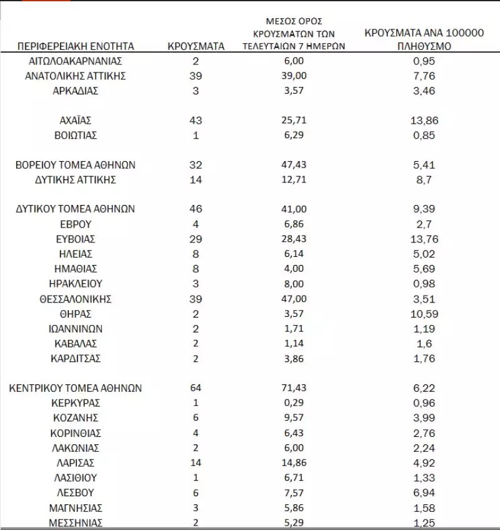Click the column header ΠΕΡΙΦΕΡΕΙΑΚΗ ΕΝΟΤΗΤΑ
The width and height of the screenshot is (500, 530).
(76, 46)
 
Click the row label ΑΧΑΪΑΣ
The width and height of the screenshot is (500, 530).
(76, 120)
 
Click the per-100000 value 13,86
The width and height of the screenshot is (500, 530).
(424, 120)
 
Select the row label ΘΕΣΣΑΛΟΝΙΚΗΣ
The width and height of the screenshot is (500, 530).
(76, 299)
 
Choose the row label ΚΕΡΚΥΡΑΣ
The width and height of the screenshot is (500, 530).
(76, 403)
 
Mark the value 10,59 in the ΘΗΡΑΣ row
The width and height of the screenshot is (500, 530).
(424, 314)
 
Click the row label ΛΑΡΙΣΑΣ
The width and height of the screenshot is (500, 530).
(76, 463)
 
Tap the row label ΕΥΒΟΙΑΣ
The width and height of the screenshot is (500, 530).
(76, 239)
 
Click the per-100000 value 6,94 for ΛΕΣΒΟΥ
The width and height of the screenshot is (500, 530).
(424, 493)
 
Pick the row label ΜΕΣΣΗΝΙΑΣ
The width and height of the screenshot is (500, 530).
(76, 523)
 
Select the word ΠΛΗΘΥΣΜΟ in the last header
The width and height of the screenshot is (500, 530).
(424, 46)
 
